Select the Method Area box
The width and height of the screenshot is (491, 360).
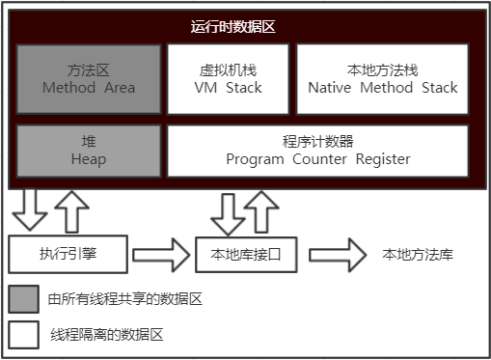click(x=88, y=78)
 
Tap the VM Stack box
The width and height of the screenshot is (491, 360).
click(x=227, y=78)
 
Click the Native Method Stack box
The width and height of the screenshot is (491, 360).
click(x=382, y=78)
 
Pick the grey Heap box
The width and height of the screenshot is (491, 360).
click(x=88, y=150)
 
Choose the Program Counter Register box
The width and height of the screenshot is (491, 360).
click(x=317, y=150)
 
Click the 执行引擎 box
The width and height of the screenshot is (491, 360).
click(x=68, y=255)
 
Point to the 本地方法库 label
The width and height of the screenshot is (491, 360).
click(x=418, y=255)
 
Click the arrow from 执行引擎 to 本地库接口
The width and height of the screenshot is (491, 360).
click(x=161, y=256)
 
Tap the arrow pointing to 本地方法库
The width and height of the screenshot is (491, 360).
click(x=337, y=256)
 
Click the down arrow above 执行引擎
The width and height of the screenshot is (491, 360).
click(x=29, y=207)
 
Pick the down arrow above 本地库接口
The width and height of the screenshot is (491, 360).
click(x=228, y=212)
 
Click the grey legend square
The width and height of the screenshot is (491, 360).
click(x=23, y=299)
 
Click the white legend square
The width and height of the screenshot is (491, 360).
click(x=23, y=335)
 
